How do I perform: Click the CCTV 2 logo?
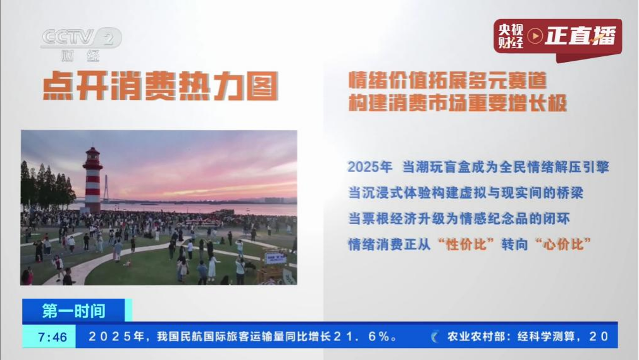click(82, 44)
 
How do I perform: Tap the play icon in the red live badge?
click(535, 36)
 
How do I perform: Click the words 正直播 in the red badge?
click(580, 36)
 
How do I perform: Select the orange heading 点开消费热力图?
click(161, 86)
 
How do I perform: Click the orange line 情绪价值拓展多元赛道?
click(447, 80)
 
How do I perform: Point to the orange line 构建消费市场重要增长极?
click(457, 102)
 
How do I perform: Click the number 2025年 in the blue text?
click(369, 167)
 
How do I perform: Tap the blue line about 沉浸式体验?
click(466, 193)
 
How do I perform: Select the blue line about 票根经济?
click(459, 218)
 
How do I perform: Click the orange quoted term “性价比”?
click(466, 244)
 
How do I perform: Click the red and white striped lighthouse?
click(92, 180)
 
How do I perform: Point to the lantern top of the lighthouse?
click(92, 154)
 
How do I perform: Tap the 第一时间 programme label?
click(74, 311)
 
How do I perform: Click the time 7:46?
click(53, 337)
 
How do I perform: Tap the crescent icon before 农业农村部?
click(435, 337)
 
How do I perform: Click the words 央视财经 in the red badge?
click(510, 36)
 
